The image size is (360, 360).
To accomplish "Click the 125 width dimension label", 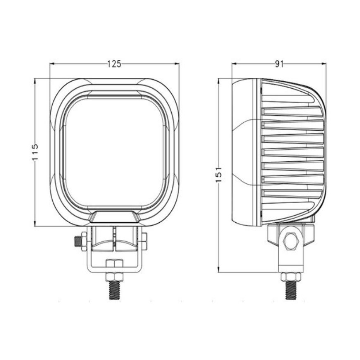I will point(114,64).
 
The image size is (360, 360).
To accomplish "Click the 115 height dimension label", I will point(35,152).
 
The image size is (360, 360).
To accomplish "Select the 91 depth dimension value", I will point(279,64).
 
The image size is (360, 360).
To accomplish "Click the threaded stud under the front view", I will point(114,290).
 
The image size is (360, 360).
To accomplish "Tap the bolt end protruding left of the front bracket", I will point(77,240).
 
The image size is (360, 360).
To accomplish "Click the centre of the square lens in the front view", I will point(115,152).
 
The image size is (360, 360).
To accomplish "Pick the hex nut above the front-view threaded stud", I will point(114,277).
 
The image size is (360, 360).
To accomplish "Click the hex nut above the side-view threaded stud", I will point(290,277).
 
